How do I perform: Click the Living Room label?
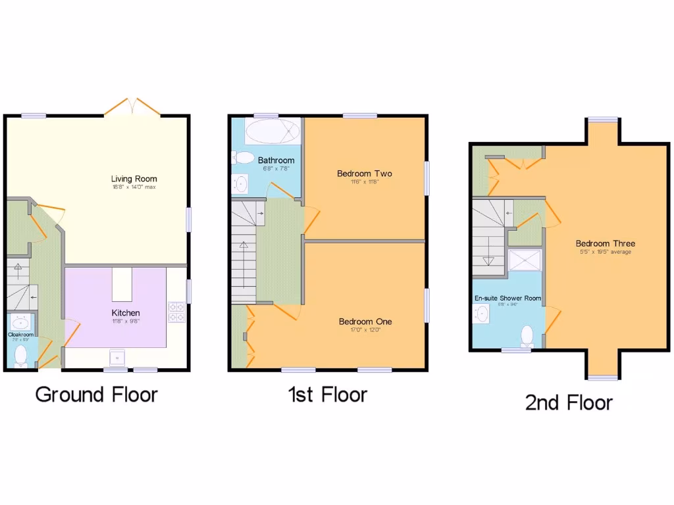pos(134,178)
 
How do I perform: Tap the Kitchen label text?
pos(125,313)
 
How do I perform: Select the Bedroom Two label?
pos(364,174)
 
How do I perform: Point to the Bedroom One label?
pos(365,322)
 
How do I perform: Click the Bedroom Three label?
pos(605,243)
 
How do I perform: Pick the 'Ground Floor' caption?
pos(96,395)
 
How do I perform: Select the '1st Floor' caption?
pos(327,395)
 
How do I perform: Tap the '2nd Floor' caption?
pos(569,402)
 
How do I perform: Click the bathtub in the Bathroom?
pos(271,132)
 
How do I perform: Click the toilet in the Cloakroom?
pos(21,356)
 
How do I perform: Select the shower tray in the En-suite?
pos(526,260)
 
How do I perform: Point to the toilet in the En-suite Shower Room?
pos(527,335)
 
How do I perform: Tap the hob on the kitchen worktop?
pos(176,312)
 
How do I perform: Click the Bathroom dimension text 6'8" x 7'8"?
pos(276,169)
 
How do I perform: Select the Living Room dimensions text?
pos(134,187)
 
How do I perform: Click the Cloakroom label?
pos(20,334)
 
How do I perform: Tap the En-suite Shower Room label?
pos(508,298)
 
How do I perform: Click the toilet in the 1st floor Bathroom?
pos(244,158)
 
